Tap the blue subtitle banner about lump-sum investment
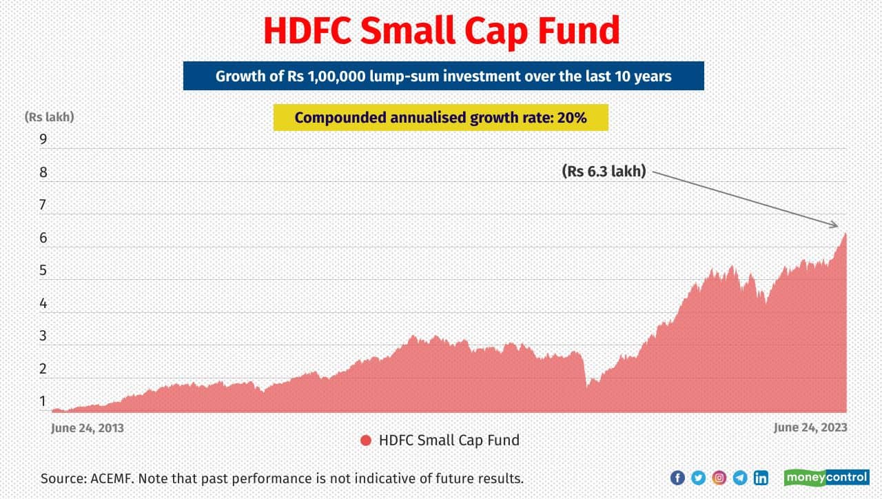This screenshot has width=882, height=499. pyautogui.click(x=443, y=76)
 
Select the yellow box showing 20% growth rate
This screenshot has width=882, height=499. pyautogui.click(x=440, y=118)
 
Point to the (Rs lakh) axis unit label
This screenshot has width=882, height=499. pyautogui.click(x=49, y=116)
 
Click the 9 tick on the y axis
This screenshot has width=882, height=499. pyautogui.click(x=43, y=140)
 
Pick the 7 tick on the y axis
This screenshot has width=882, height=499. pyautogui.click(x=43, y=205)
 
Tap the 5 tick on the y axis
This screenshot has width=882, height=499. pyautogui.click(x=43, y=271)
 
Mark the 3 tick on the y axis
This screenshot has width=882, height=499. pyautogui.click(x=43, y=336)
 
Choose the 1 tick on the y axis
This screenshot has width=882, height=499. pyautogui.click(x=43, y=401)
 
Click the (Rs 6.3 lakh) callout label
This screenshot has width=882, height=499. pyautogui.click(x=604, y=172)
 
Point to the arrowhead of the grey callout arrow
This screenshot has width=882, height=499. pyautogui.click(x=836, y=225)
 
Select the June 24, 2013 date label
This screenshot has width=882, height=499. pyautogui.click(x=88, y=428)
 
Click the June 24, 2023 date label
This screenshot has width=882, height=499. pyautogui.click(x=810, y=428)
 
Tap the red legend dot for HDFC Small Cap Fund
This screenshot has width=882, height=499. pyautogui.click(x=366, y=440)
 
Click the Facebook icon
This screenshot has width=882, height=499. pyautogui.click(x=677, y=478)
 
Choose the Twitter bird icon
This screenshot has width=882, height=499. pyautogui.click(x=698, y=478)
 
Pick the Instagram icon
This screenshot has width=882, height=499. pyautogui.click(x=719, y=478)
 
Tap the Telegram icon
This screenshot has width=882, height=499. pyautogui.click(x=740, y=478)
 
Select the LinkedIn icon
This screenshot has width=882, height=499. pyautogui.click(x=761, y=478)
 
